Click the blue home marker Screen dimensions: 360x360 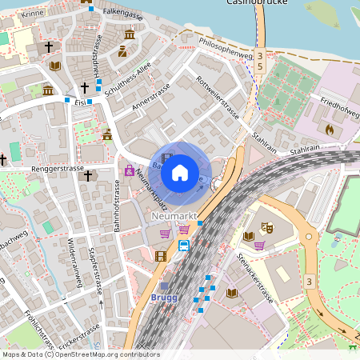coord(180,172)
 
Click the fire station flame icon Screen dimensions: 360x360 coord(329,127)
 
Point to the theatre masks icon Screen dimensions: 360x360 coord(268,228)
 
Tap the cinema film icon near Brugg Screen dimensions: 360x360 coord(162,256)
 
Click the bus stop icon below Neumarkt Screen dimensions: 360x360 coord(184,245)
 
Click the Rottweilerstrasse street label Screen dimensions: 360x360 coord(218,94)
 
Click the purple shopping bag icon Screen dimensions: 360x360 coord(129,170)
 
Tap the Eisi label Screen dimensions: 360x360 coord(79,102)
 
